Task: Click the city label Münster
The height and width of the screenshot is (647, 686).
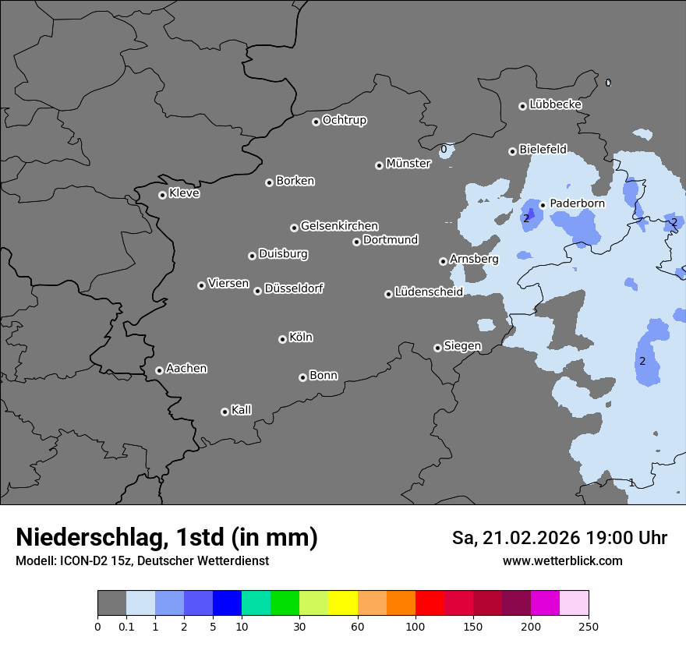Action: (408, 164)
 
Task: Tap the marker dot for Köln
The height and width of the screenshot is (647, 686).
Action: (282, 339)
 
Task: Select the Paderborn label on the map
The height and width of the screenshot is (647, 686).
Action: (577, 203)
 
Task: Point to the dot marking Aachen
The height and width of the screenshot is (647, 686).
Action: (159, 370)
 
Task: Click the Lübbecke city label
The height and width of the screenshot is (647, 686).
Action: (555, 104)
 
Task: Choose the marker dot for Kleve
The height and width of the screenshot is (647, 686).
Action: (162, 195)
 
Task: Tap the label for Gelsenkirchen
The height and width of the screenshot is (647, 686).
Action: (339, 226)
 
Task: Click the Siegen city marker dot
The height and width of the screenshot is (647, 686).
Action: (437, 348)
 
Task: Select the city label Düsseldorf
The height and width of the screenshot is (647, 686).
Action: (294, 288)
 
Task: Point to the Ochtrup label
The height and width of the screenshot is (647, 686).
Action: (344, 120)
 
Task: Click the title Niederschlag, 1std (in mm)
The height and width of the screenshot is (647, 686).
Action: (167, 537)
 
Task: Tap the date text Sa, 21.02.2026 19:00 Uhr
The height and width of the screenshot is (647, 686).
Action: (559, 538)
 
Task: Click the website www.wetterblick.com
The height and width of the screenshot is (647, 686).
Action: (562, 560)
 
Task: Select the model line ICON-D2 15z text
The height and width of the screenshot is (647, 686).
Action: (142, 560)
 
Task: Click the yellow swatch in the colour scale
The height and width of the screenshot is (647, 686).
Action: (342, 603)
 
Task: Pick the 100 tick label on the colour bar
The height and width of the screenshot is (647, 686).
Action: (415, 626)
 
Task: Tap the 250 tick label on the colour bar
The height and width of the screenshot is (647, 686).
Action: (588, 626)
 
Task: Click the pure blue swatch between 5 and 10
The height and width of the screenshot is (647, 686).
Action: (227, 603)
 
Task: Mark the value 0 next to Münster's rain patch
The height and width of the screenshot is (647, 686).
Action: (444, 149)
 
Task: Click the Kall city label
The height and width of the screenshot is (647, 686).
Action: (241, 410)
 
